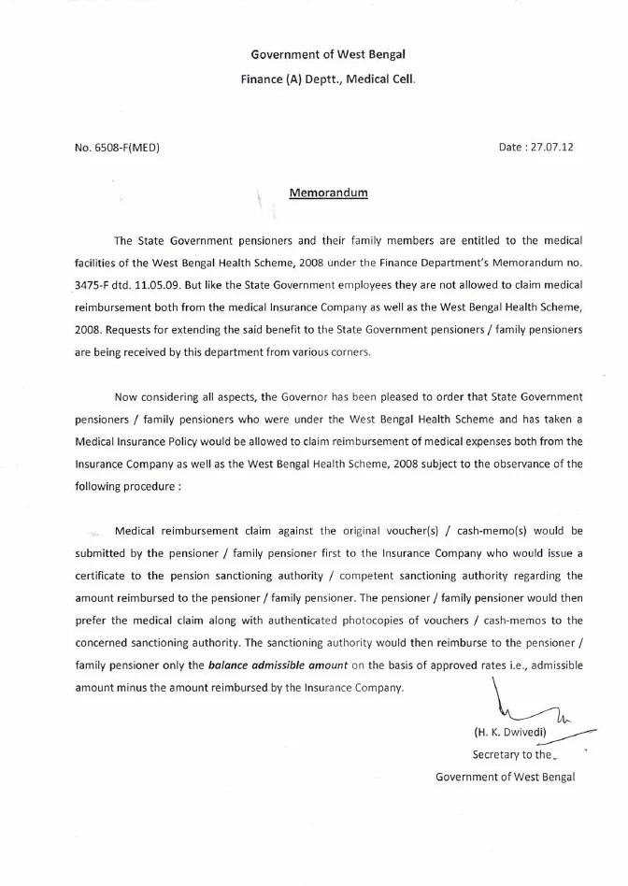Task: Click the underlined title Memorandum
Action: click(x=329, y=193)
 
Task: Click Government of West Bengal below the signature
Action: click(x=505, y=776)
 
